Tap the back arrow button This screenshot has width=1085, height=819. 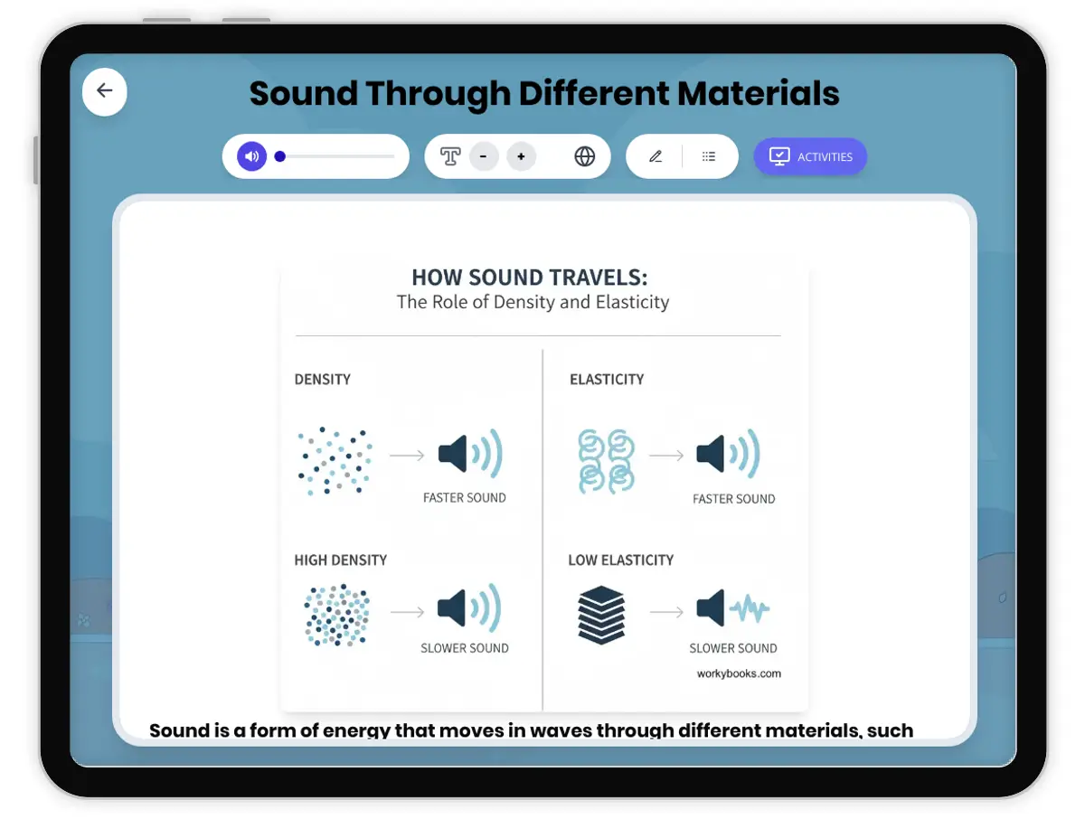(x=105, y=90)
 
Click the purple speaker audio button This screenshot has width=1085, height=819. (x=252, y=156)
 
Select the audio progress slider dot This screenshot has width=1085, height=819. (x=280, y=156)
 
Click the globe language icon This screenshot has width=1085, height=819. (x=585, y=156)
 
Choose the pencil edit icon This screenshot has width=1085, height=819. (x=656, y=156)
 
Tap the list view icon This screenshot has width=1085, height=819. (x=709, y=156)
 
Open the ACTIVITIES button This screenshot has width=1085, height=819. (x=810, y=156)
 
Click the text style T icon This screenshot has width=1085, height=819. (x=450, y=156)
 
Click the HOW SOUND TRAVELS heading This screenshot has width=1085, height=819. (x=529, y=278)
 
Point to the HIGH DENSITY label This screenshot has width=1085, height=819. (x=340, y=560)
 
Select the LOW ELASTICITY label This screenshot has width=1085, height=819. (x=620, y=560)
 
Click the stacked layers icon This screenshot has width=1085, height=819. (x=601, y=615)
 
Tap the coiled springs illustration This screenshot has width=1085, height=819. (x=606, y=460)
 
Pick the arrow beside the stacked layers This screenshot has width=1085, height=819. (x=666, y=612)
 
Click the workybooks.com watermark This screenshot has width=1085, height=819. (x=739, y=673)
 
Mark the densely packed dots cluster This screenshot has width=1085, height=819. (x=337, y=616)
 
